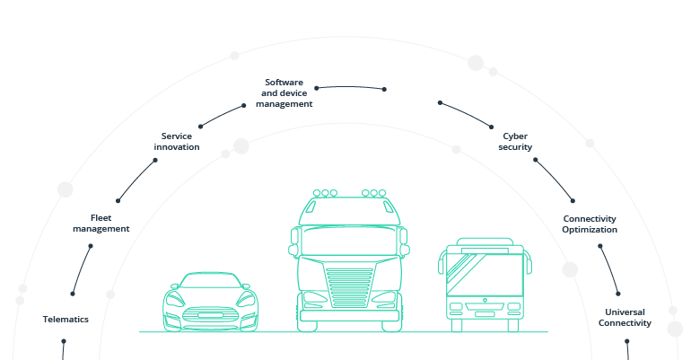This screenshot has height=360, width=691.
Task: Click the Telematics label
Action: (66, 319)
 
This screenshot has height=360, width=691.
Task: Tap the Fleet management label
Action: (101, 223)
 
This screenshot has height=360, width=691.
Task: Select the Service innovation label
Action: (177, 141)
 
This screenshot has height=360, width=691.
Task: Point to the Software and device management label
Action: (284, 92)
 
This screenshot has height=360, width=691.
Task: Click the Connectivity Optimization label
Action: (590, 224)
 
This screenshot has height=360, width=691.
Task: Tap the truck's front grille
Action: (349, 288)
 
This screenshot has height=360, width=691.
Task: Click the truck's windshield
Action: (348, 241)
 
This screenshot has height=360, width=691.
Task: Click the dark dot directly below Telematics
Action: (64, 340)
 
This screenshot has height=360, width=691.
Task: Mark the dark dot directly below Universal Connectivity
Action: (627, 341)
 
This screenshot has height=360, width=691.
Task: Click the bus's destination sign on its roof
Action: (485, 244)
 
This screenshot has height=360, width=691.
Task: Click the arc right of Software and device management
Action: (349, 87)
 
